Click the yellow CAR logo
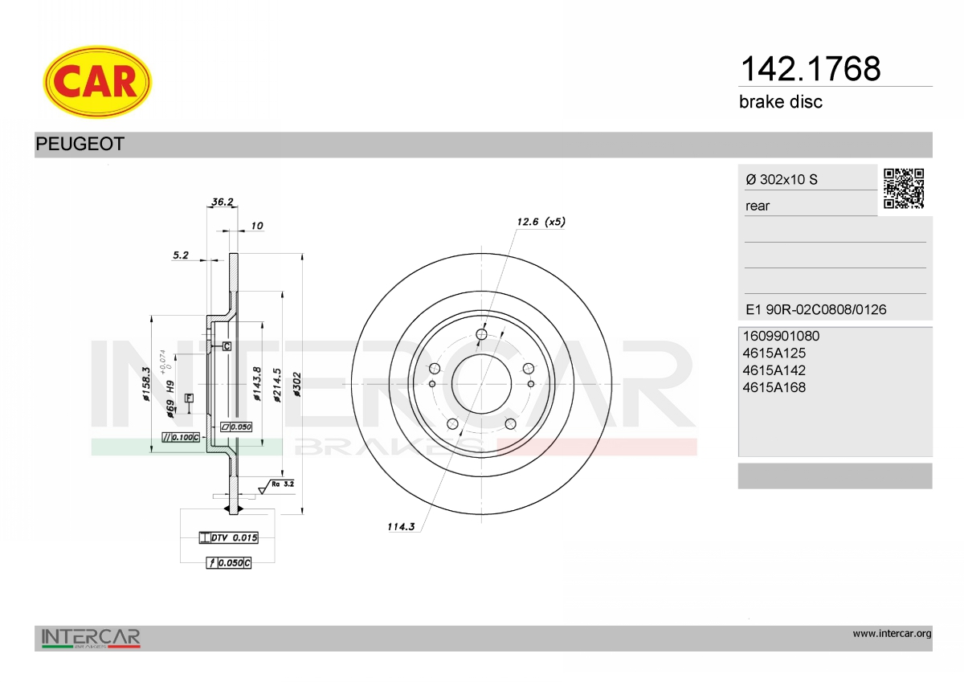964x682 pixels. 97,82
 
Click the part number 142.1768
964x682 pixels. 811,69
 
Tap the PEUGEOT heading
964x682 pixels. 80,144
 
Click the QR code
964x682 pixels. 904,189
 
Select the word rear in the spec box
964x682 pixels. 758,206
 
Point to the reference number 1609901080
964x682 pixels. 781,336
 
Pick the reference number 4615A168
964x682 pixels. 774,387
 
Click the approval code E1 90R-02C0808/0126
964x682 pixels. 816,309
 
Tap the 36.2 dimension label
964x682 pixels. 223,202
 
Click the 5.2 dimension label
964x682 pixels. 181,255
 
